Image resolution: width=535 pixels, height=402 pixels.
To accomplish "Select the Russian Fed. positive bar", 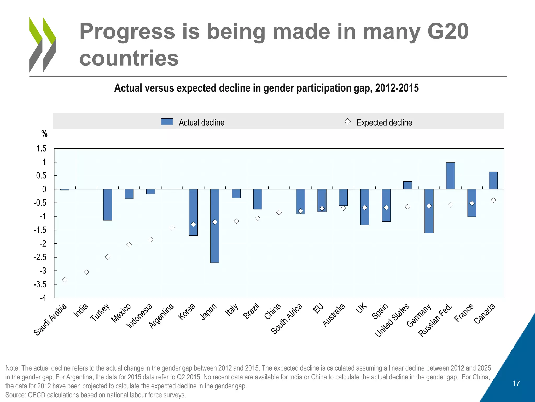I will pyautogui.click(x=450, y=176).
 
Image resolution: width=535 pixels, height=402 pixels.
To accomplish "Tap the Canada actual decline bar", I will pyautogui.click(x=493, y=181).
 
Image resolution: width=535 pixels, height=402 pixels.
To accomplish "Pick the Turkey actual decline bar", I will pyautogui.click(x=108, y=205).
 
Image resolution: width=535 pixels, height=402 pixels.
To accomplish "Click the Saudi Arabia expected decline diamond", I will pyautogui.click(x=65, y=280).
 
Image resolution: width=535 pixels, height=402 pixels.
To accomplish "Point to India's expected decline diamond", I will pyautogui.click(x=86, y=272).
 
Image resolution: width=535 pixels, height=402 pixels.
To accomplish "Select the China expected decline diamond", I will pyautogui.click(x=279, y=212).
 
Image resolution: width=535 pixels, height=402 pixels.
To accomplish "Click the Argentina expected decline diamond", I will pyautogui.click(x=172, y=228).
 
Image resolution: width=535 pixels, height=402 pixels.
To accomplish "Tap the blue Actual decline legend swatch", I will pyautogui.click(x=167, y=122).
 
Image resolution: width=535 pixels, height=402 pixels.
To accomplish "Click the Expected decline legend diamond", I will pyautogui.click(x=347, y=122).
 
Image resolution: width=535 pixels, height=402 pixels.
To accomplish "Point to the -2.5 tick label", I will pyautogui.click(x=40, y=257).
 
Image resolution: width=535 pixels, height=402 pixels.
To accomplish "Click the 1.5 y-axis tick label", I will pyautogui.click(x=41, y=148).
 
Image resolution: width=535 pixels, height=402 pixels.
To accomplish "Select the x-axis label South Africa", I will pyautogui.click(x=287, y=319).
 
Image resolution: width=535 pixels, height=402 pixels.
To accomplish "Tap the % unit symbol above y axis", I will pyautogui.click(x=44, y=134).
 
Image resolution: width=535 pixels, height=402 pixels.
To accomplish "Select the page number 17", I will pyautogui.click(x=516, y=383).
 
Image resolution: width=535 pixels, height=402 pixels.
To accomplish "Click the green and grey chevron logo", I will pyautogui.click(x=43, y=45).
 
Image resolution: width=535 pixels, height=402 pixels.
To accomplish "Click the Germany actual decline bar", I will pyautogui.click(x=429, y=211).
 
